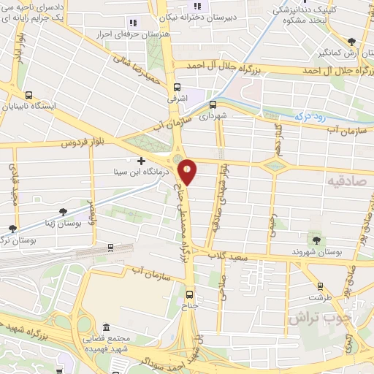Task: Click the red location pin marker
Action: (x=188, y=172)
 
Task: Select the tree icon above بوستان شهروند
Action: (x=316, y=240)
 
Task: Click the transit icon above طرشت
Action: (x=318, y=286)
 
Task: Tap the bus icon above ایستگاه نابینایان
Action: (x=28, y=94)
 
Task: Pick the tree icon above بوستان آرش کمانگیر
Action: (x=354, y=42)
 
